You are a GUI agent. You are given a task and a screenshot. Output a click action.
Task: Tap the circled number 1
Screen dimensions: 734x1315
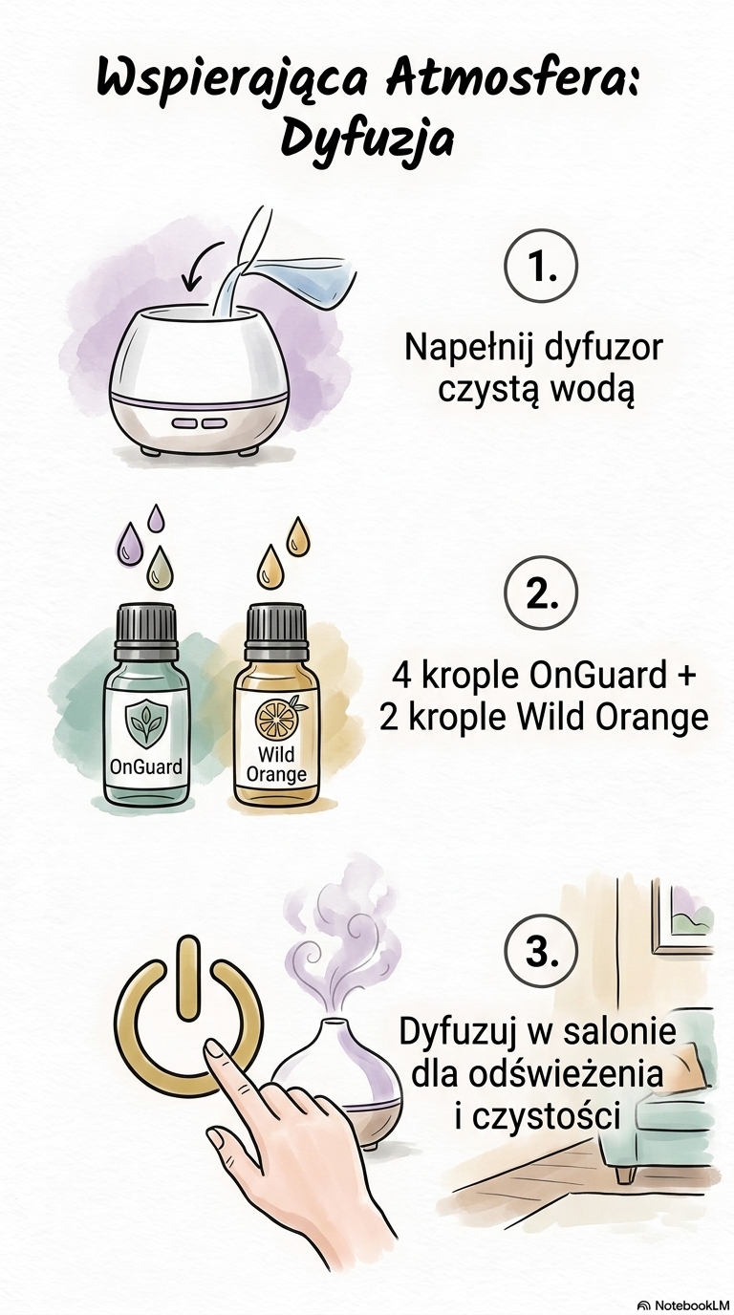(541, 267)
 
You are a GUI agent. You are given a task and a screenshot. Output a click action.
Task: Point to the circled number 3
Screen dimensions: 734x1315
(541, 950)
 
